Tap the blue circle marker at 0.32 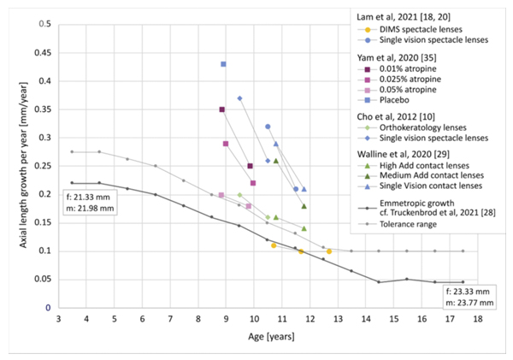point(268,127)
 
